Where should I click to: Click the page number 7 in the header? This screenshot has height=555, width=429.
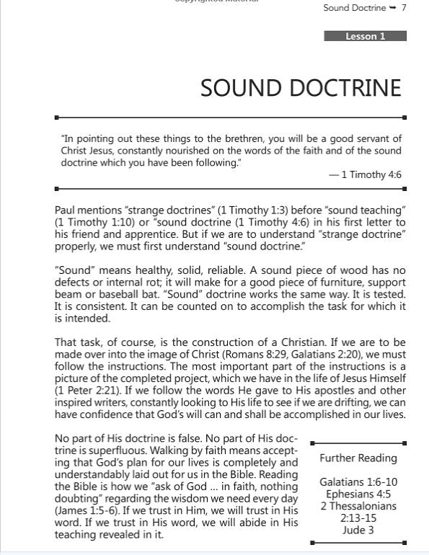point(404,8)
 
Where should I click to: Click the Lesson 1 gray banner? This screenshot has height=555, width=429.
point(366,36)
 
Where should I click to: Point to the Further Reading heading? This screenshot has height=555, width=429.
point(358,458)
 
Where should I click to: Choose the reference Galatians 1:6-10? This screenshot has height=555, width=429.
point(358,482)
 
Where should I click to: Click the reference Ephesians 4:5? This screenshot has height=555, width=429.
point(358,494)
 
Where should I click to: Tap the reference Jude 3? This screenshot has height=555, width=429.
point(358,530)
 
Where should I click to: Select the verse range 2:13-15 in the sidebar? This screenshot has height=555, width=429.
point(358,518)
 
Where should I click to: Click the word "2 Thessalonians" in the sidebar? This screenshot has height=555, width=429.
point(358,506)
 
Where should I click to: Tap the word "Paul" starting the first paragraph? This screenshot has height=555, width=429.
point(66,210)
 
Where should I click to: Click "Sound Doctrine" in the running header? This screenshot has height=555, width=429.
point(354,8)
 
